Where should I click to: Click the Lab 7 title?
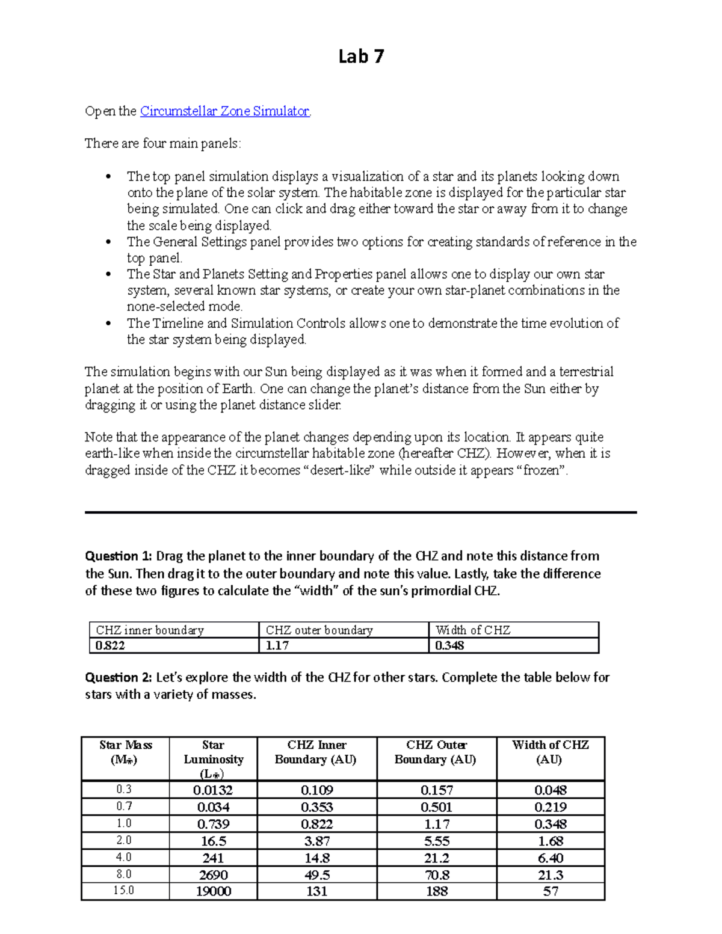pyautogui.click(x=361, y=57)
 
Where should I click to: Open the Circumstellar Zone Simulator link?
pyautogui.click(x=224, y=111)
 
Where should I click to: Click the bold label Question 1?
pyautogui.click(x=119, y=556)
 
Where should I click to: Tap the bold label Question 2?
pyautogui.click(x=119, y=678)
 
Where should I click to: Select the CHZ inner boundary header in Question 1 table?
pyautogui.click(x=150, y=630)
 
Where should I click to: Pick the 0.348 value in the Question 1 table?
pyautogui.click(x=449, y=646)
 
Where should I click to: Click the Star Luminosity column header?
pyautogui.click(x=213, y=759)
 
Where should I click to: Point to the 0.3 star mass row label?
pyautogui.click(x=125, y=790)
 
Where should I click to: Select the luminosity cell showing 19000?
pyautogui.click(x=213, y=891)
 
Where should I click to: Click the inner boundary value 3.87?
pyautogui.click(x=316, y=841)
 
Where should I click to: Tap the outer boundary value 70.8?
pyautogui.click(x=437, y=875)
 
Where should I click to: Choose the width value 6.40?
pyautogui.click(x=550, y=858)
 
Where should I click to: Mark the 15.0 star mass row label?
pyautogui.click(x=125, y=891)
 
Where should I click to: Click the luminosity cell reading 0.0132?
pyautogui.click(x=213, y=790)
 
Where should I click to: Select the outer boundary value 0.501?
pyautogui.click(x=437, y=807)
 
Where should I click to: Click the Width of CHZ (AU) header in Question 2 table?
pyautogui.click(x=550, y=752)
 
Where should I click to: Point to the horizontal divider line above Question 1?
pyautogui.click(x=361, y=512)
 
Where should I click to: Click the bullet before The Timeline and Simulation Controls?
pyautogui.click(x=108, y=324)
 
